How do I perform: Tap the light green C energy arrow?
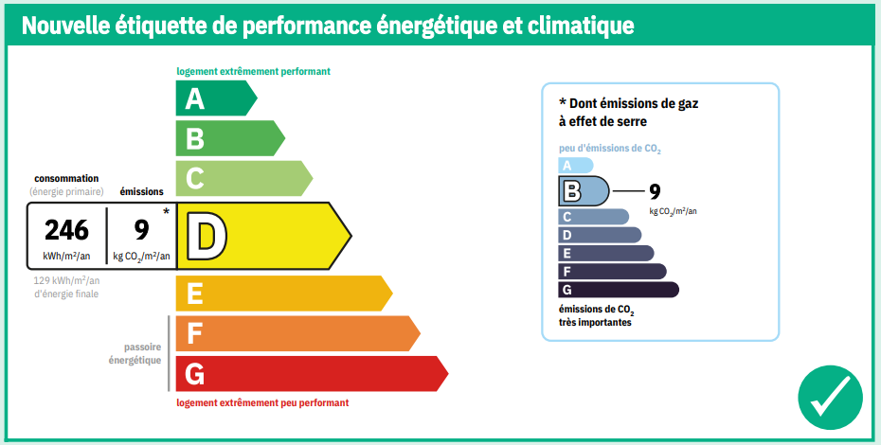pos(243,178)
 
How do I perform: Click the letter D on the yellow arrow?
pos(207,236)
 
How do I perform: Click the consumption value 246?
pos(66,229)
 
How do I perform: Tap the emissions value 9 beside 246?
pos(141,229)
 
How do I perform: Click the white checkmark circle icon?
pos(830,398)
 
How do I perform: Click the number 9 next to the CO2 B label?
pos(655,192)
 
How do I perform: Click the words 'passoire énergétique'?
pos(135,354)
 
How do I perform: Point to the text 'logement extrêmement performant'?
pos(253,72)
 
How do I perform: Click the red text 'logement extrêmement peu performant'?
pos(262,402)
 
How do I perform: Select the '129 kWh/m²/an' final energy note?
pos(66,281)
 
